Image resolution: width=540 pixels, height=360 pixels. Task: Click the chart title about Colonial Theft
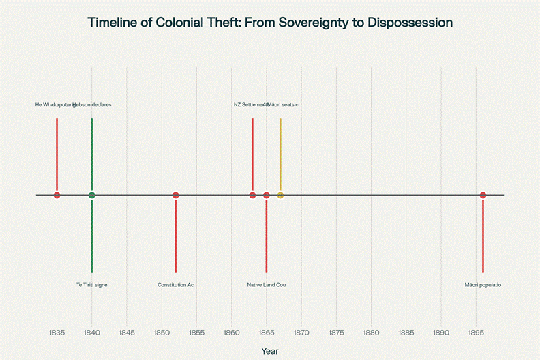point(270,22)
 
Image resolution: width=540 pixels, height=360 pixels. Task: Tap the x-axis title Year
point(270,350)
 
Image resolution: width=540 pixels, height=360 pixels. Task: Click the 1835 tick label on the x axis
point(57,333)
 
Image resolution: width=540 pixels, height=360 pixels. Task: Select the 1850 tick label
point(162,333)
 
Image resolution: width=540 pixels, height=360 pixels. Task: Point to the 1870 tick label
point(301,333)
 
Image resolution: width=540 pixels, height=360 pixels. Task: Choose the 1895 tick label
point(476,333)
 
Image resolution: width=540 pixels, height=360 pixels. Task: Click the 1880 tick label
point(371,333)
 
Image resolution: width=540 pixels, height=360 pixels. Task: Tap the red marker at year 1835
point(57,196)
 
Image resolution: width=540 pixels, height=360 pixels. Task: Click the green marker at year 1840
point(91,196)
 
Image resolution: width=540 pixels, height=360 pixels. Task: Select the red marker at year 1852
point(175,196)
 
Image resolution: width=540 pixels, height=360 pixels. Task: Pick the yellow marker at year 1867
point(280,196)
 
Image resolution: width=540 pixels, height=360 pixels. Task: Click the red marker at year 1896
point(483,196)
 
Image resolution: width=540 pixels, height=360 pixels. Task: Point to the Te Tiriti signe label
point(92,284)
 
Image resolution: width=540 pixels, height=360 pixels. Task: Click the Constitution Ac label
point(175,284)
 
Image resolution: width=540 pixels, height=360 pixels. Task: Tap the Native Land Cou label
point(267,284)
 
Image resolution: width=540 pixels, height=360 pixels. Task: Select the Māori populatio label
point(483,284)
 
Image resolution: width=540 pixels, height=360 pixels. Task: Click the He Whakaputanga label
point(53,105)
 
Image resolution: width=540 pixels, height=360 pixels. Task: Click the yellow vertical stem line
point(280,153)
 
